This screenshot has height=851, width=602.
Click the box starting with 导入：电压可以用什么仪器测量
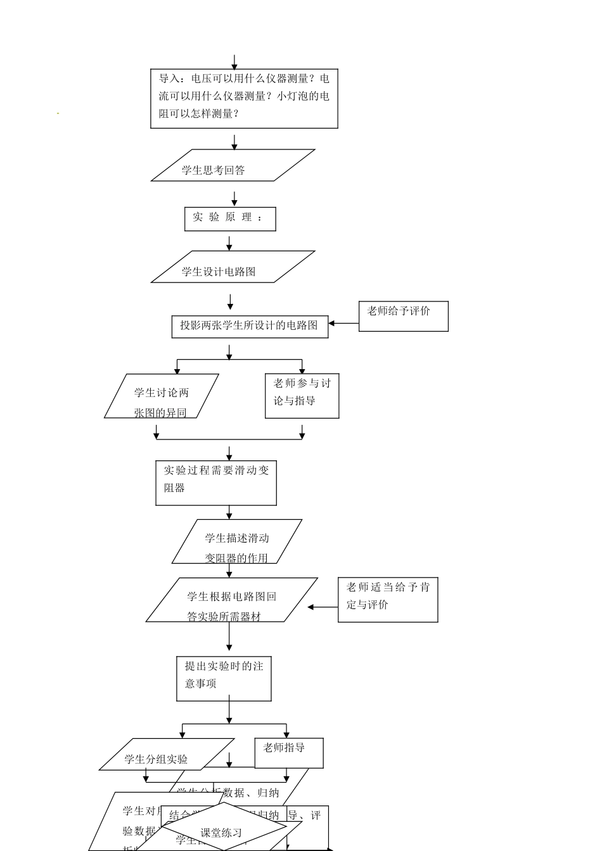pyautogui.click(x=244, y=98)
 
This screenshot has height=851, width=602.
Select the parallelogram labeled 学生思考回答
pyautogui.click(x=233, y=165)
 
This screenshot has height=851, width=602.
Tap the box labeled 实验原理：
pyautogui.click(x=230, y=219)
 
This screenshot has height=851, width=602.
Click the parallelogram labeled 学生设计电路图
pyautogui.click(x=233, y=267)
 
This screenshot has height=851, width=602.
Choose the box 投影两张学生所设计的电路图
pyautogui.click(x=250, y=327)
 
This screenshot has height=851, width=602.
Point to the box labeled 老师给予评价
pyautogui.click(x=403, y=316)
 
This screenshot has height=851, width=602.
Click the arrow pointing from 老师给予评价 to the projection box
pyautogui.click(x=343, y=324)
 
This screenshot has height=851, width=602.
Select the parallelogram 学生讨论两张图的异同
pyautogui.click(x=162, y=396)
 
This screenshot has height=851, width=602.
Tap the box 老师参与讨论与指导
pyautogui.click(x=302, y=396)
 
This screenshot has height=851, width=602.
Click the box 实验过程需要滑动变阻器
pyautogui.click(x=216, y=482)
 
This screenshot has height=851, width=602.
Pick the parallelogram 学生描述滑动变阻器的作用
pyautogui.click(x=236, y=541)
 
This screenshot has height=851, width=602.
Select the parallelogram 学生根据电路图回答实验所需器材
pyautogui.click(x=231, y=600)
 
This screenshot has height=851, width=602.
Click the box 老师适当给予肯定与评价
pyautogui.click(x=388, y=600)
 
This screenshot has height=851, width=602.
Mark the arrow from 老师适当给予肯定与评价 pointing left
pyautogui.click(x=323, y=607)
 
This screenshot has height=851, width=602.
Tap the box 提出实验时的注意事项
pyautogui.click(x=224, y=679)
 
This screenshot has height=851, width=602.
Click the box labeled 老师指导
pyautogui.click(x=289, y=753)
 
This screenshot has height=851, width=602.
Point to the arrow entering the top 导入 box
pyautogui.click(x=234, y=62)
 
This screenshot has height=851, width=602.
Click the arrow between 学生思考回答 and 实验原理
pyautogui.click(x=234, y=199)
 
